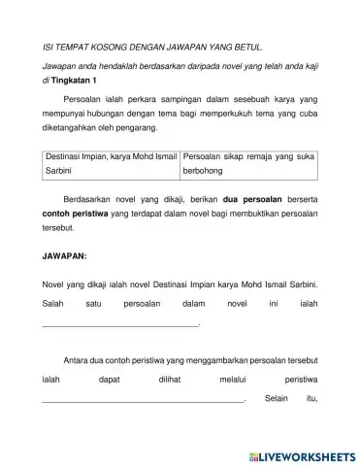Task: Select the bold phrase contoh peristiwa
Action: (x=76, y=224)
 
